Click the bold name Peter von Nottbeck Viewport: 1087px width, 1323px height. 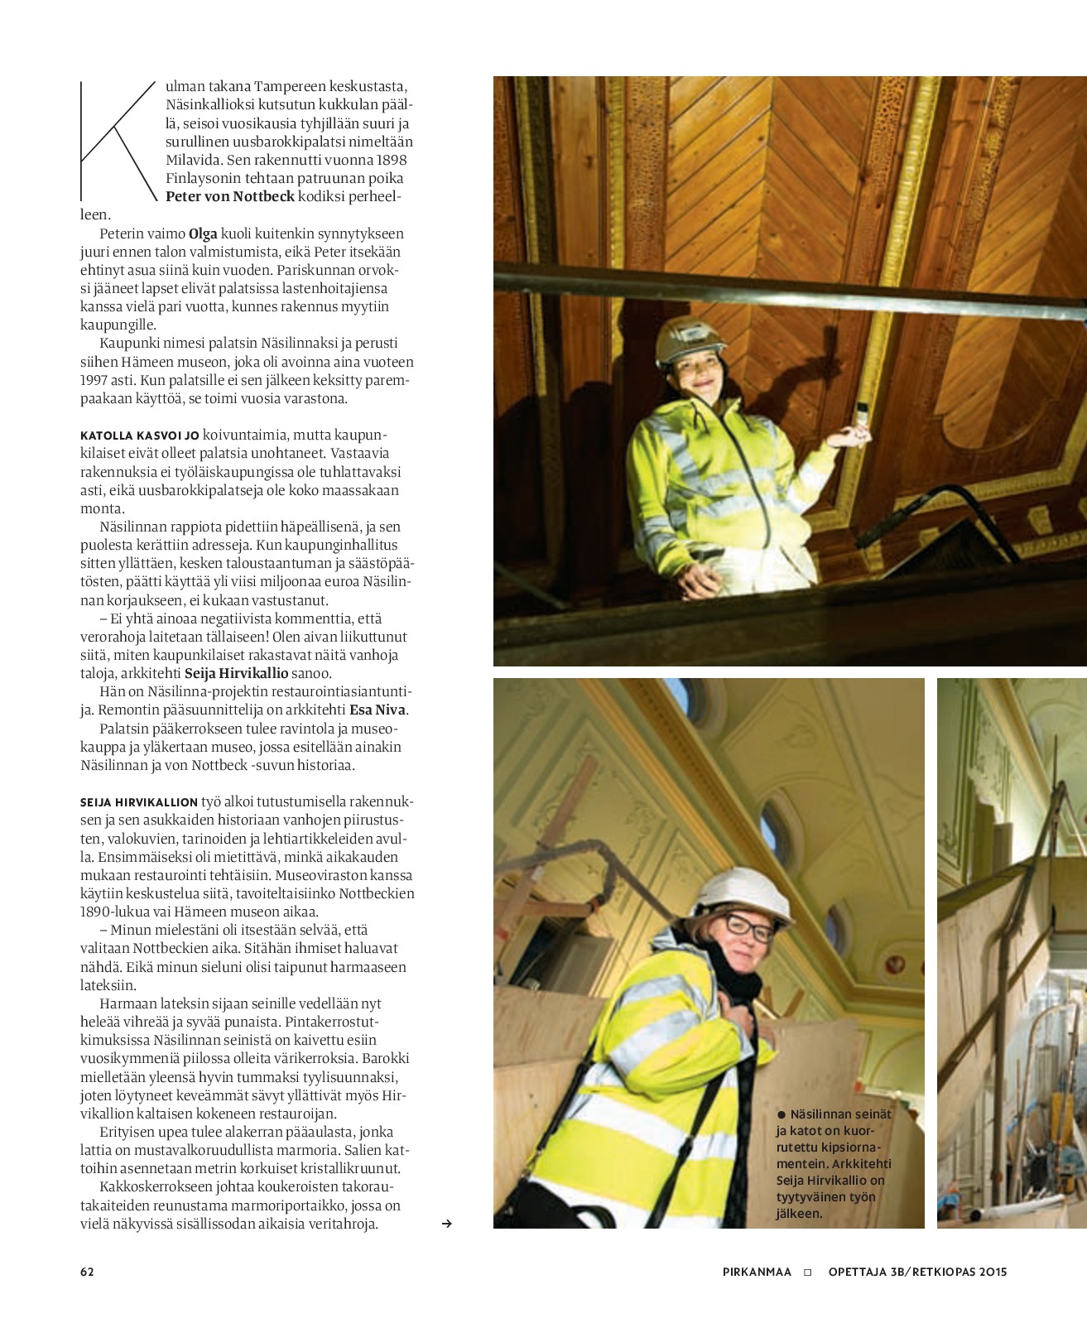pyautogui.click(x=230, y=196)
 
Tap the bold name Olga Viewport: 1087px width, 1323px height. pyautogui.click(x=203, y=233)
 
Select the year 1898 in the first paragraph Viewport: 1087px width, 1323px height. pyautogui.click(x=392, y=160)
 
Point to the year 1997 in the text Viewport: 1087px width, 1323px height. pyautogui.click(x=94, y=380)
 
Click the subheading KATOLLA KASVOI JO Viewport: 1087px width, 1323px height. pyautogui.click(x=139, y=435)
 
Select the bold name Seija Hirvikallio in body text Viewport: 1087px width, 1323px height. pyautogui.click(x=236, y=673)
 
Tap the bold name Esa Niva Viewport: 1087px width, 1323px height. pyautogui.click(x=378, y=710)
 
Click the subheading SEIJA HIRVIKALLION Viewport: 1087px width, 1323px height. pyautogui.click(x=139, y=802)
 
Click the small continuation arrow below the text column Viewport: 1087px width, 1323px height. pyautogui.click(x=447, y=1224)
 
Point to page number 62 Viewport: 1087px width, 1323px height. pyautogui.click(x=87, y=1272)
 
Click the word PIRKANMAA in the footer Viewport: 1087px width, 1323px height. pyautogui.click(x=757, y=1272)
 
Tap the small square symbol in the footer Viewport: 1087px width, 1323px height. pyautogui.click(x=808, y=1272)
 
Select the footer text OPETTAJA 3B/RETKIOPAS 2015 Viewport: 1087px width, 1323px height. pyautogui.click(x=917, y=1272)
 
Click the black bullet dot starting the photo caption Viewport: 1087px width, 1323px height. pyautogui.click(x=780, y=1115)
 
